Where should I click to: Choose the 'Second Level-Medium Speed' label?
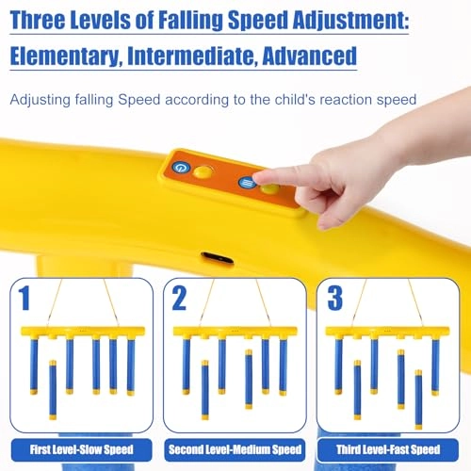click(235, 449)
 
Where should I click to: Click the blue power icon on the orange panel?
click(181, 168)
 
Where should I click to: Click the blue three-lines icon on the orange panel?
click(246, 183)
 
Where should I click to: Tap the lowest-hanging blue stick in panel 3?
click(418, 399)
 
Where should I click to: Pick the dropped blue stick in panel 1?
click(53, 391)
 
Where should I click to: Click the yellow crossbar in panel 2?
click(235, 333)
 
